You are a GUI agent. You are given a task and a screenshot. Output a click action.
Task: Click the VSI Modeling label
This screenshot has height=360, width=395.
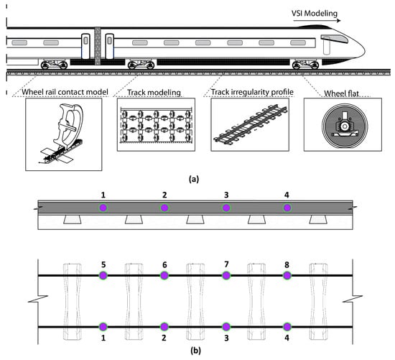point(315,14)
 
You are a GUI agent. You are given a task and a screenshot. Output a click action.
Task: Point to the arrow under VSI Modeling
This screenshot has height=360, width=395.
point(317,21)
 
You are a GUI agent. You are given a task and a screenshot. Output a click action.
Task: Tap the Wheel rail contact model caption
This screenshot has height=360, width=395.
point(65,92)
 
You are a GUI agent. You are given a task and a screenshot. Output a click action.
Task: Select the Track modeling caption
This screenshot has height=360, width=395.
point(154,93)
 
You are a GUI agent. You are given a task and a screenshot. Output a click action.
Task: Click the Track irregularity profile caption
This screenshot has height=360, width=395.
point(252,92)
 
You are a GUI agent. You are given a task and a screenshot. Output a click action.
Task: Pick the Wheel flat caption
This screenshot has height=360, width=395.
point(341,93)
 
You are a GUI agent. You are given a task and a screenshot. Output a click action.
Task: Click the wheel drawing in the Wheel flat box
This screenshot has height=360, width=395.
point(345,126)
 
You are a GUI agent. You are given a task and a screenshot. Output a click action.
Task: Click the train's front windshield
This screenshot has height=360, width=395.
point(334,39)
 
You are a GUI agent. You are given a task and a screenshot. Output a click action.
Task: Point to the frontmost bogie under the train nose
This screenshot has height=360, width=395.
point(305,65)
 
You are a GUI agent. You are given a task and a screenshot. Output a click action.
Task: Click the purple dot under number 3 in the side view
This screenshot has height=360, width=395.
point(226,208)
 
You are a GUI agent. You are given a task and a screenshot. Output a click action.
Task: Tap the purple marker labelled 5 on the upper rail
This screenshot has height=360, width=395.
point(103,275)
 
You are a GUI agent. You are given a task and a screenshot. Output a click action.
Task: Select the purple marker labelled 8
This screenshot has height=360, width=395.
point(287,275)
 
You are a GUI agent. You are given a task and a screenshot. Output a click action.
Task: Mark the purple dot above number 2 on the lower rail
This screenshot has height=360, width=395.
point(164,327)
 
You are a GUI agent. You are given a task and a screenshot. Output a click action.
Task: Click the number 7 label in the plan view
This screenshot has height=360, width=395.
point(226,264)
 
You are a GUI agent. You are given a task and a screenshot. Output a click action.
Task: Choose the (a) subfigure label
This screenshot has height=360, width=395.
point(194,179)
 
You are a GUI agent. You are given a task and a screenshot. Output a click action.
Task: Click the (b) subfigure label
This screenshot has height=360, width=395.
point(196,351)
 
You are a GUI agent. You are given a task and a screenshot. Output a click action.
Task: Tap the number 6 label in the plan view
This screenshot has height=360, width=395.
point(164,264)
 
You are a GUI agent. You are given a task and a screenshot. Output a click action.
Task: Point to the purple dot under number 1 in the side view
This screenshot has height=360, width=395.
point(103,208)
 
